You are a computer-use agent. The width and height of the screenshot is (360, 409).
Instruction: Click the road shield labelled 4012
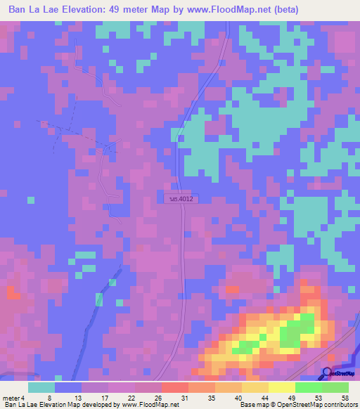click(181, 199)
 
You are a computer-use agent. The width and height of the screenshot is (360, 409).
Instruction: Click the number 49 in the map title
click(144, 10)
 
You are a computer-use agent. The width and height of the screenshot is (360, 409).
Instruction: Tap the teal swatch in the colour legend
click(41, 387)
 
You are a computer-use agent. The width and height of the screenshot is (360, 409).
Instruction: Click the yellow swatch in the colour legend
click(282, 387)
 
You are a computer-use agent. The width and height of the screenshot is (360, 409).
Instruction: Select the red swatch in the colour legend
click(175, 387)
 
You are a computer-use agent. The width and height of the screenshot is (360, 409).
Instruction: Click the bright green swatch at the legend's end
click(335, 387)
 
